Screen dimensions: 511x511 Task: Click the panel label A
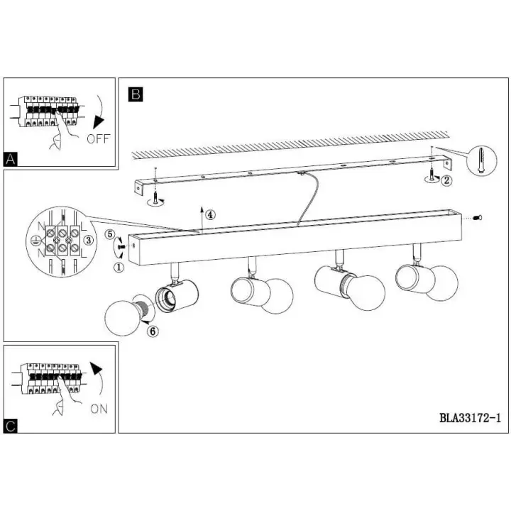pos(10,160)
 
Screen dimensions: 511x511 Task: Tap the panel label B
pos(136,94)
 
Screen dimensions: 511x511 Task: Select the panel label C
pos(11,426)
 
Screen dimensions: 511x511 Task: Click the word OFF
pos(99,139)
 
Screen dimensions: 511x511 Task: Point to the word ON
pos(99,409)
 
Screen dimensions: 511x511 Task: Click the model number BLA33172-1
pos(470,418)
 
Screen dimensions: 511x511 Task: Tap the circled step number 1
pos(119,268)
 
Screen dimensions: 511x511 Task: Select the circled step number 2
pos(446,180)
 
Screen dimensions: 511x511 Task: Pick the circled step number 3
pos(88,241)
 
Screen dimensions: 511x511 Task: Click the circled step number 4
pos(210,215)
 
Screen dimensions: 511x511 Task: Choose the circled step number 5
pos(110,234)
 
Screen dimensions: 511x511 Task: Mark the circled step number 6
pos(153,331)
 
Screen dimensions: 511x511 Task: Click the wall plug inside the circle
pos(482,160)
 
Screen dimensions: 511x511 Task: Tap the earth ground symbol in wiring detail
pos(34,241)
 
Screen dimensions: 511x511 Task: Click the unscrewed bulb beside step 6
pos(125,315)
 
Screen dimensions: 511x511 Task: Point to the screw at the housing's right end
pos(478,217)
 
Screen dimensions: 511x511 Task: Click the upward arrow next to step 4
pos(202,219)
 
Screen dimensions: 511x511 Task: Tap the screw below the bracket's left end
pos(155,197)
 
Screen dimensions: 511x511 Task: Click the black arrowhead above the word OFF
pos(98,122)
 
